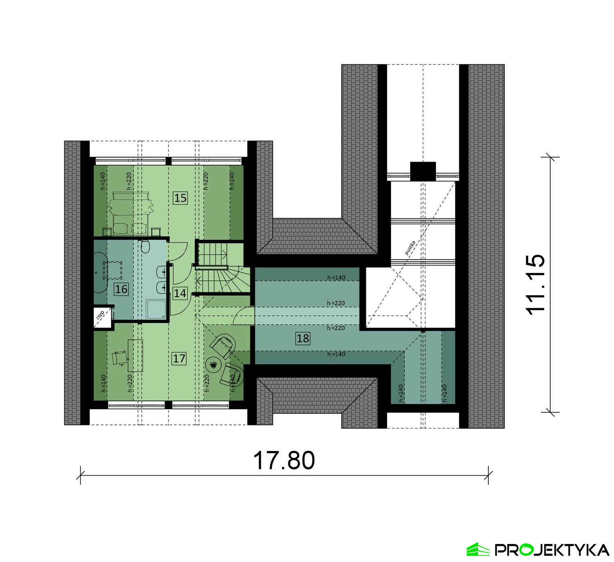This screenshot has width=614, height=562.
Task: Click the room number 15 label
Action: (180, 198)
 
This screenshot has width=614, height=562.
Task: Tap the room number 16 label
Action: (121, 289)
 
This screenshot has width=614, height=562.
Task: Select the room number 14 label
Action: (180, 293)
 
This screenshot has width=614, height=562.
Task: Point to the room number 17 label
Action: (179, 358)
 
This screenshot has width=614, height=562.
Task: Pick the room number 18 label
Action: (303, 338)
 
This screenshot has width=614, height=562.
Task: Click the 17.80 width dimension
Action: (284, 460)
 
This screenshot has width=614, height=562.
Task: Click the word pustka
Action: (410, 248)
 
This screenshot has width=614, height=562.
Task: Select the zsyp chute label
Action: (100, 315)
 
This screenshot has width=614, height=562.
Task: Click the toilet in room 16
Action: (145, 246)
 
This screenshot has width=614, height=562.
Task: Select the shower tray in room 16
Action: (156, 309)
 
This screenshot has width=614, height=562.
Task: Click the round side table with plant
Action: (212, 365)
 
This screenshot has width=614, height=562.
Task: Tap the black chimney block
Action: (423, 172)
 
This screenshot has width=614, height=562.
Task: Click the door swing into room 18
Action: (243, 316)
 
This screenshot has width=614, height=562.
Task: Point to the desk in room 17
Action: (135, 355)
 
